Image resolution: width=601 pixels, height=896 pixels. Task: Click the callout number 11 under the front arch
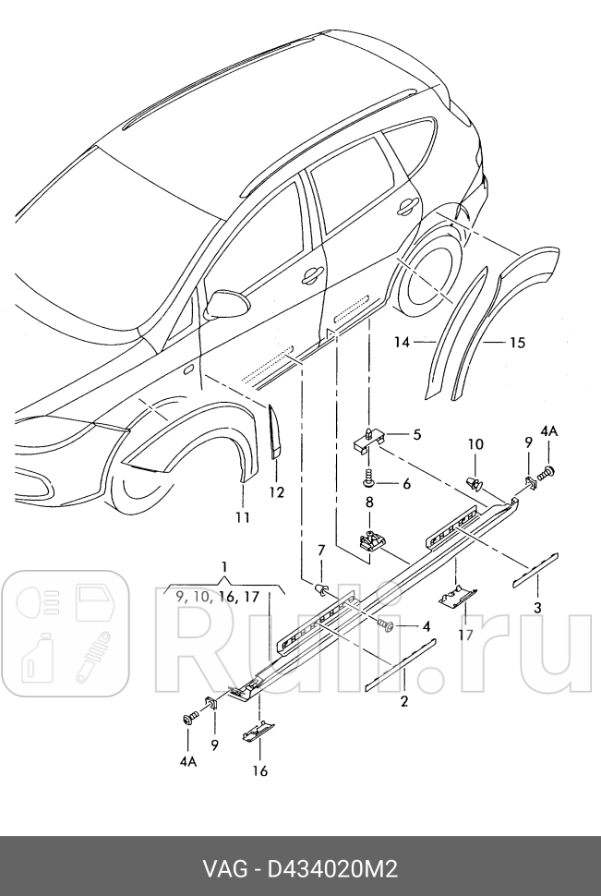[x=242, y=518]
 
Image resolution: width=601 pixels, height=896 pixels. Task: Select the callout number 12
[x=277, y=492]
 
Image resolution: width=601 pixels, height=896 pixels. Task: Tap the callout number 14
[x=401, y=343]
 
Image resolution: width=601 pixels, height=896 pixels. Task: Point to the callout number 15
[x=516, y=343]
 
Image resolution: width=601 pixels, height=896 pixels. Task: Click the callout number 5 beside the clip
[x=416, y=434]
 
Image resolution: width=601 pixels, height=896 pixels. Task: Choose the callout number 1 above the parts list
[x=223, y=565]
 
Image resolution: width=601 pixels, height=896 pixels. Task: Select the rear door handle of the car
[x=406, y=209]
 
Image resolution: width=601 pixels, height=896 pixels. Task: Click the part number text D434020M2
[x=332, y=868]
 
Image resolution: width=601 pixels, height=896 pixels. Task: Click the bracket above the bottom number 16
[x=258, y=734]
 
